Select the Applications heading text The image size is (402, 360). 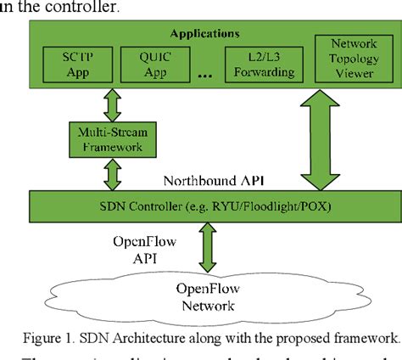(x=204, y=34)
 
